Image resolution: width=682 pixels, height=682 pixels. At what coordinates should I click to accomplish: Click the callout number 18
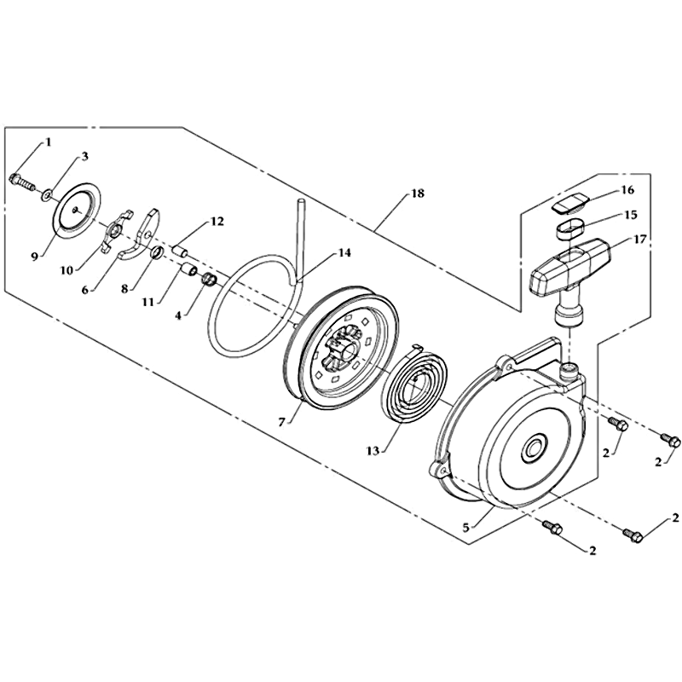click(x=417, y=194)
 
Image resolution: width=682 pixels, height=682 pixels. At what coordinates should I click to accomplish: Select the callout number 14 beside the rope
click(x=345, y=252)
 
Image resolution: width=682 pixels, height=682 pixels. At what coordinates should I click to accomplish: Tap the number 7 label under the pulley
click(x=281, y=422)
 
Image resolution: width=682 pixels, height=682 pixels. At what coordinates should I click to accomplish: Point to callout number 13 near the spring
click(x=373, y=451)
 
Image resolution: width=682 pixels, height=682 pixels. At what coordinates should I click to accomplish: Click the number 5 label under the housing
click(x=465, y=528)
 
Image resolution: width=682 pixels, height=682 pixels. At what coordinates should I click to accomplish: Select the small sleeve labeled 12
click(x=182, y=252)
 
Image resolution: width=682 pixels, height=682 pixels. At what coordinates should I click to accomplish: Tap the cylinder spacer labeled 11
click(x=189, y=270)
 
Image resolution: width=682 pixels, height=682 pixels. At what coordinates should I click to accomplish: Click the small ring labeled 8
click(x=157, y=251)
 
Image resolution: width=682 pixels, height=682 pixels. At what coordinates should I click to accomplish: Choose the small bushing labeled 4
click(x=210, y=280)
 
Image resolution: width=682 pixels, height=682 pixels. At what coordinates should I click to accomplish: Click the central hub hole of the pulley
click(x=347, y=350)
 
